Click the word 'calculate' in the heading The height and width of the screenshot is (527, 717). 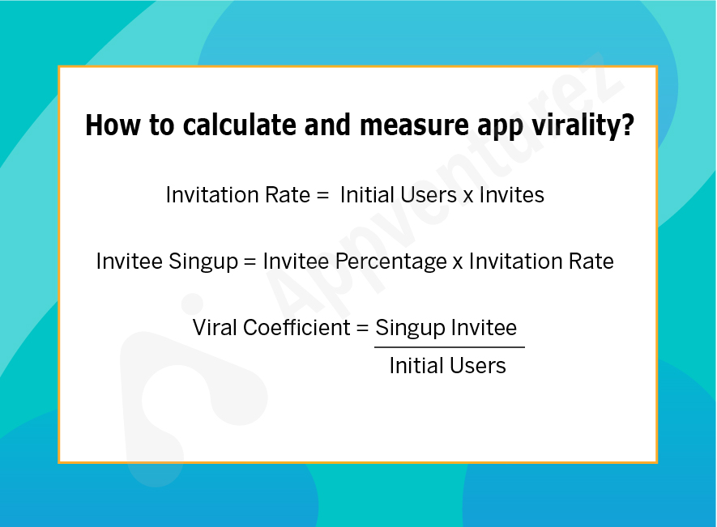pyautogui.click(x=240, y=125)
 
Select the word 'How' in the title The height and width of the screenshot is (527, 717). pyautogui.click(x=113, y=125)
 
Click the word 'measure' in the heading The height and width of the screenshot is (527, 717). pyautogui.click(x=414, y=125)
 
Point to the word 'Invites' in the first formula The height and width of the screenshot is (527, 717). pyautogui.click(x=512, y=195)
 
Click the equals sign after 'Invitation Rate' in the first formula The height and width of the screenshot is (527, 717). pyautogui.click(x=322, y=196)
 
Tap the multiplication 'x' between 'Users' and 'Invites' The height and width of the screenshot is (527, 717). pyautogui.click(x=468, y=197)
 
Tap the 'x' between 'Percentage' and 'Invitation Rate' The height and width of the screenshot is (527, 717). pyautogui.click(x=458, y=263)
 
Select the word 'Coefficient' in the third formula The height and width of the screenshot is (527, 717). pyautogui.click(x=297, y=328)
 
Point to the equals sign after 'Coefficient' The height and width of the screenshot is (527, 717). pyautogui.click(x=363, y=328)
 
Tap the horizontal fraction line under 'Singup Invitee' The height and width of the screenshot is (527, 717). pyautogui.click(x=450, y=347)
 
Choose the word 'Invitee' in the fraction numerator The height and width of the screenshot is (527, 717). pyautogui.click(x=484, y=328)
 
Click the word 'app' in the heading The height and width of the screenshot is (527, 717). pyautogui.click(x=500, y=127)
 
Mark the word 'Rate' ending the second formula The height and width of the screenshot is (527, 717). pyautogui.click(x=591, y=261)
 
